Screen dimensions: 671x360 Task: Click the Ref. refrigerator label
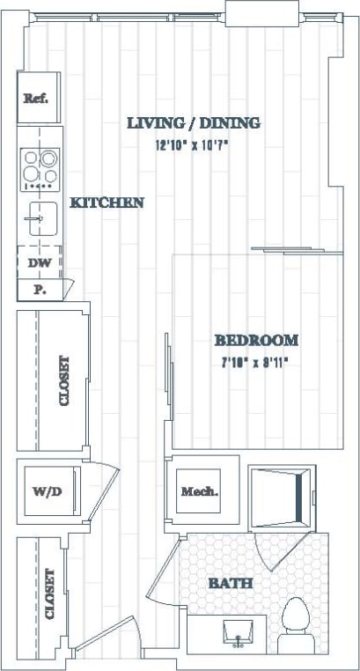click(x=35, y=99)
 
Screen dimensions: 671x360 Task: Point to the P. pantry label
click(x=39, y=289)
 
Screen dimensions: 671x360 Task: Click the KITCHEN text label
click(x=107, y=203)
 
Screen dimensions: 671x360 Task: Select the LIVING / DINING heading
click(x=194, y=123)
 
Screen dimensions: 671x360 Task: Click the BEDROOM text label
click(x=256, y=340)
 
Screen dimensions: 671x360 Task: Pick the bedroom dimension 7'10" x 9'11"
click(x=254, y=361)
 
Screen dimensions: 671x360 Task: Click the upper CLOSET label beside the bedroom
click(x=64, y=380)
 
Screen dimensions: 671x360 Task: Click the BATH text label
click(x=231, y=583)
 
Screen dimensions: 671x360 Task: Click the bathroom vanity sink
click(x=237, y=631)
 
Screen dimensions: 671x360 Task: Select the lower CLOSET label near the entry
click(x=49, y=594)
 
